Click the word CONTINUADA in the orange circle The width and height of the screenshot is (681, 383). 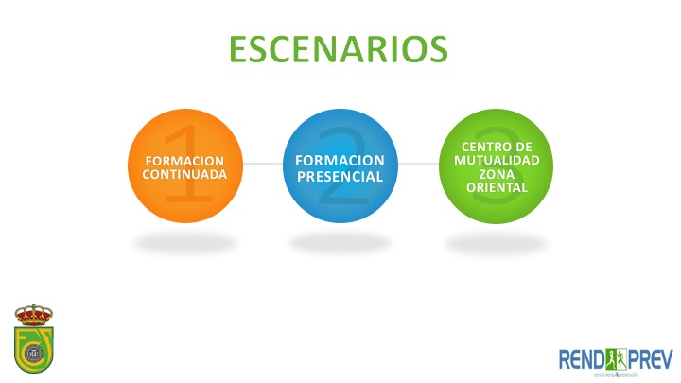[x=184, y=175]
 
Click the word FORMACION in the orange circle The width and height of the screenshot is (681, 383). [x=184, y=162]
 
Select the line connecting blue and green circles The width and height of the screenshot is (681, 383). [x=418, y=164]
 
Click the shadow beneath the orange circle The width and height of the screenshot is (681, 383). [x=184, y=242]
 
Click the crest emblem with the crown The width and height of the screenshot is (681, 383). [x=33, y=339]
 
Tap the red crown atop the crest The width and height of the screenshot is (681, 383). [x=33, y=314]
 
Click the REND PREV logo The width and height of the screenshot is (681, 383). [x=615, y=361]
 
